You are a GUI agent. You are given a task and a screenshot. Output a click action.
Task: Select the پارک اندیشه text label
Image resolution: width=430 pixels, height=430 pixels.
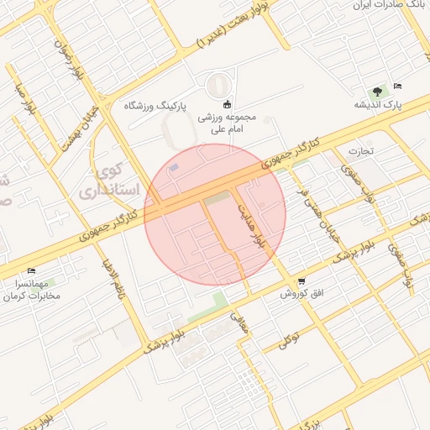point(377,105)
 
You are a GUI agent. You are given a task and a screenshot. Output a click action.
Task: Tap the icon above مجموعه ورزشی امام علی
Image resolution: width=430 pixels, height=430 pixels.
point(226,104)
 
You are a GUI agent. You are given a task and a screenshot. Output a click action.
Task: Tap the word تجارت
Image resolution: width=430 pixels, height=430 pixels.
point(360,152)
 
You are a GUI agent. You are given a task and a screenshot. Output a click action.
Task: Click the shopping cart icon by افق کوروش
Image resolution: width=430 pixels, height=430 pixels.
point(301,281)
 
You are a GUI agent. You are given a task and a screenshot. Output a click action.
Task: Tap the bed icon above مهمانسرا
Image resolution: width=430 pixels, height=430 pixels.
point(32,270)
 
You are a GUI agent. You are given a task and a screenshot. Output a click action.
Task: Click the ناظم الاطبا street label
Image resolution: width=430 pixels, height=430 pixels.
point(113,286)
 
